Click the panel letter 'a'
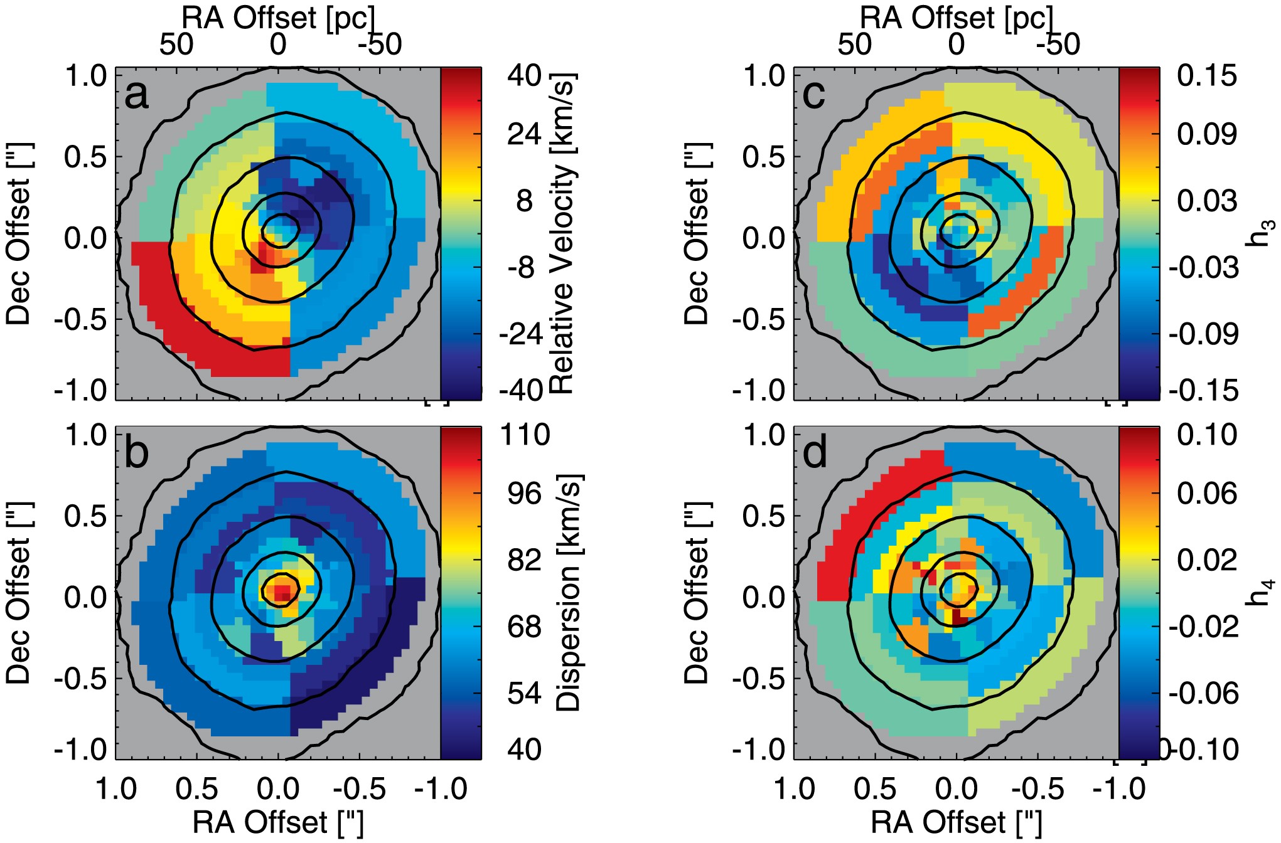(137, 95)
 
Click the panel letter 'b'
(137, 454)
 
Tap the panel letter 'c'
(814, 95)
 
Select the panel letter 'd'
(815, 454)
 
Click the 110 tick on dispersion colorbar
(525, 435)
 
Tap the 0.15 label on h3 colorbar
(1206, 76)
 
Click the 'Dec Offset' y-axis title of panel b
(19, 592)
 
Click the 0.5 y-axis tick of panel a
(85, 157)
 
